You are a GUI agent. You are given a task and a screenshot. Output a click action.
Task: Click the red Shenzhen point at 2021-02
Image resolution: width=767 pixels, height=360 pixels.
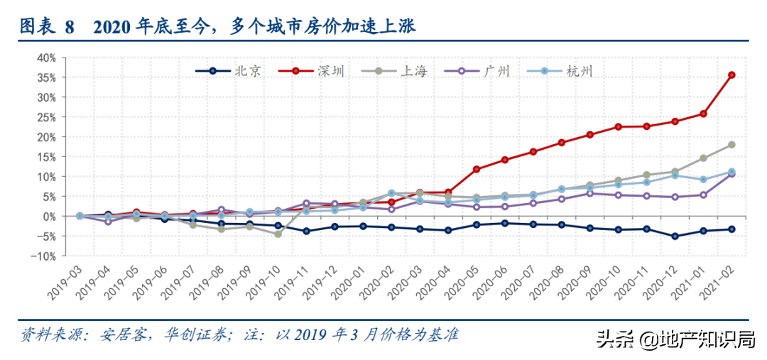(x=731, y=75)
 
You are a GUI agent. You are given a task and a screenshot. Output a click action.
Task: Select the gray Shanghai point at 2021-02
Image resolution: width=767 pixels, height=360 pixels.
(x=731, y=145)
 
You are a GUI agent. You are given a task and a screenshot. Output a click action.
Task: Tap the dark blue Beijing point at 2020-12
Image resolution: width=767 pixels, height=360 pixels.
(x=675, y=236)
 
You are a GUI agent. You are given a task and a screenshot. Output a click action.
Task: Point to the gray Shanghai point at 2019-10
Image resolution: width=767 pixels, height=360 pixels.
(x=278, y=234)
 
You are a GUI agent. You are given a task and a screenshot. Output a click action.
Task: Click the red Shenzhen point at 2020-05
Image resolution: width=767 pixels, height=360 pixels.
(x=477, y=169)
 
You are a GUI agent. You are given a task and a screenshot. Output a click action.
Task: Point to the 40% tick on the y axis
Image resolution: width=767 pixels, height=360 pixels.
(x=46, y=57)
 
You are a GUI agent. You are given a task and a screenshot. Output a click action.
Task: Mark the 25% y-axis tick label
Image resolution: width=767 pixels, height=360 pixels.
(x=46, y=116)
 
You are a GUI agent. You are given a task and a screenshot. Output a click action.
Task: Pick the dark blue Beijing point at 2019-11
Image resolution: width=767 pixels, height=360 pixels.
(x=306, y=231)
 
